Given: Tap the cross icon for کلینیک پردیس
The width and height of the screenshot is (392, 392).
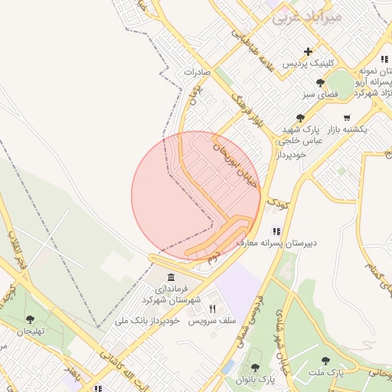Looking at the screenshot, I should (x=308, y=52).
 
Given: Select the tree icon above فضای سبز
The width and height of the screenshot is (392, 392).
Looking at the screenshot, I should (x=320, y=83).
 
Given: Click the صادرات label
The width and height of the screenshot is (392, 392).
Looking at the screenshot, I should (x=197, y=71).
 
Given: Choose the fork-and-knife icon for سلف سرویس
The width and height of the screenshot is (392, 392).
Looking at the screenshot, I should (x=212, y=308).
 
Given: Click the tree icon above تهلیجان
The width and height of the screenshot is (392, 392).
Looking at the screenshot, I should (x=31, y=319).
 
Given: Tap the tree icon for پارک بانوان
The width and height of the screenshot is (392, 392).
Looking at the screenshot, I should (x=255, y=367).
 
